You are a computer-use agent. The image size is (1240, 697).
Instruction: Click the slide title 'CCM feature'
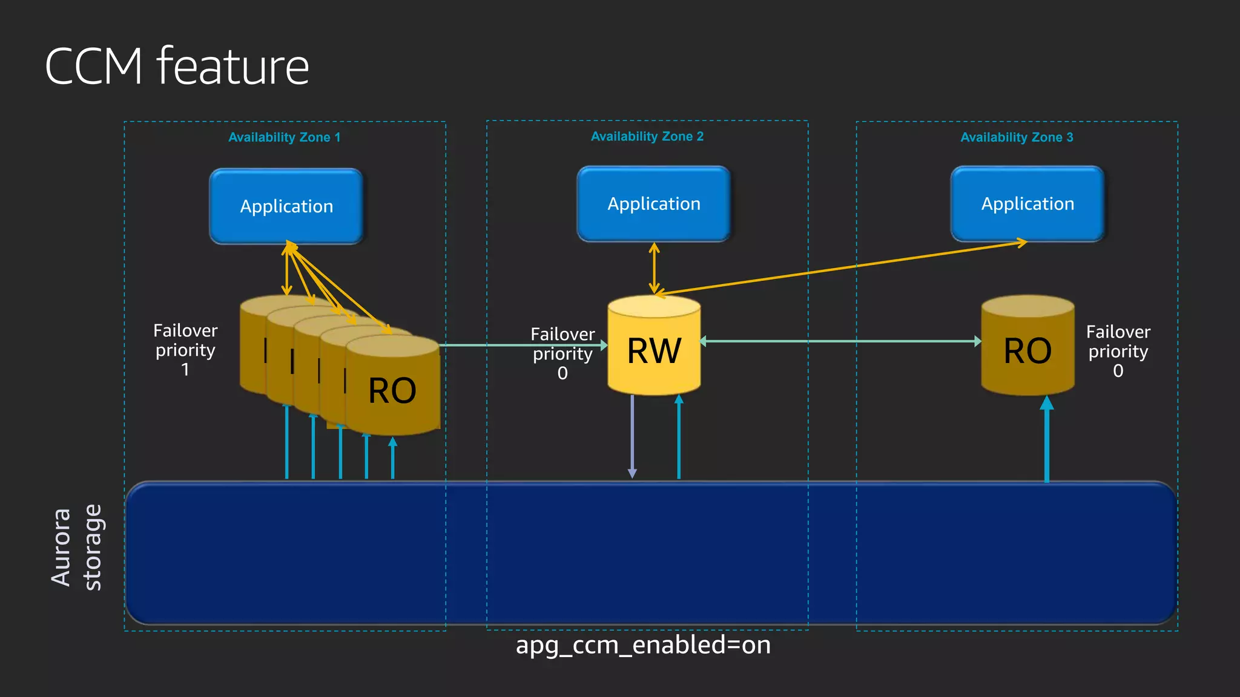177,66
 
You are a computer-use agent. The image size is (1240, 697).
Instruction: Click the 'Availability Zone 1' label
284,137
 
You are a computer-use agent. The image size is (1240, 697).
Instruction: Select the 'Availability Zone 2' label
647,136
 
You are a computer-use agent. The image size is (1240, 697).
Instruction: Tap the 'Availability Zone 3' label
1017,137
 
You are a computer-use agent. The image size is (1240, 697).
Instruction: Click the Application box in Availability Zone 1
286,206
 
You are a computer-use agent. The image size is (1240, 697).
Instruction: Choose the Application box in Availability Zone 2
654,204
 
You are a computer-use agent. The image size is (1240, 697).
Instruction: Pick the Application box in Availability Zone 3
1027,204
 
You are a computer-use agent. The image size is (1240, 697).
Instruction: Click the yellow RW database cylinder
654,351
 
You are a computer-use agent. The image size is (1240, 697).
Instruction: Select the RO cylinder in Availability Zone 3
1027,351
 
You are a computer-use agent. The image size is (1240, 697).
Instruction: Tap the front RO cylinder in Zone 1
392,390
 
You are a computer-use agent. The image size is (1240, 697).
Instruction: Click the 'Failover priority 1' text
185,350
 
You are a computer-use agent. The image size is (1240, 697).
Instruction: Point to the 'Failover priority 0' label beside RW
562,353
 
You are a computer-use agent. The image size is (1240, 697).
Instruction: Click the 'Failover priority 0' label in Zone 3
1118,351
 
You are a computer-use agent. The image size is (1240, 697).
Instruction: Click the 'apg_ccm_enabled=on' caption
643,645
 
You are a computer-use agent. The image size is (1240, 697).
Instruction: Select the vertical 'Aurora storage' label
76,548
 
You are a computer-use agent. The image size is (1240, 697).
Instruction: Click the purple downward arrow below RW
632,436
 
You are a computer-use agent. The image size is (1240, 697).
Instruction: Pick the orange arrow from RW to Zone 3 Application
842,268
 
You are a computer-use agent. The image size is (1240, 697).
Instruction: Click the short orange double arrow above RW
654,268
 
